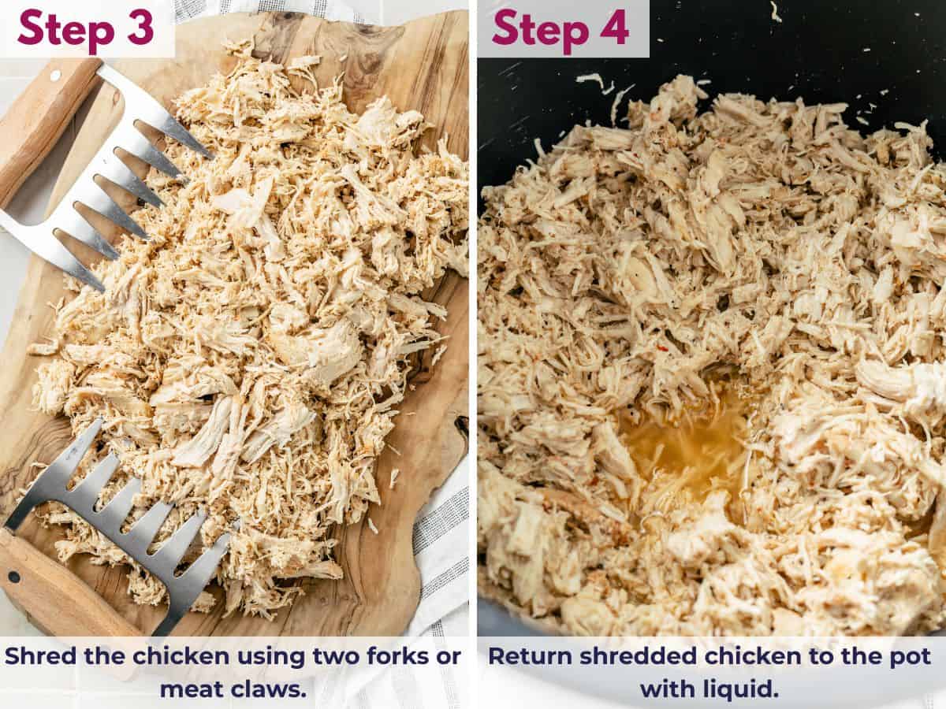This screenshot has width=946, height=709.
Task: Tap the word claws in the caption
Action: pos(269,689)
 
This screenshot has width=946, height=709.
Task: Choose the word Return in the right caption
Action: pos(527,656)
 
